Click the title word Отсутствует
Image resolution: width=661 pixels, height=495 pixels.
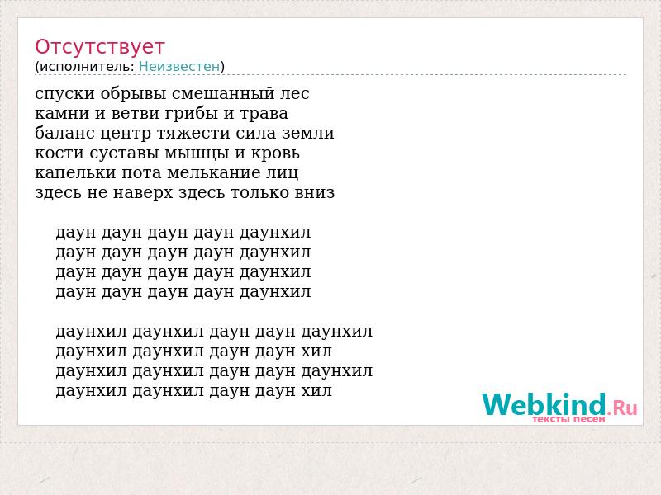tap(99, 46)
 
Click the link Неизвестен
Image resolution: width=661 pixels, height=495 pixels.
tap(179, 66)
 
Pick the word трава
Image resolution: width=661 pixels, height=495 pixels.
tap(264, 114)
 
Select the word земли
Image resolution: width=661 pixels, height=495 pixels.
tap(308, 134)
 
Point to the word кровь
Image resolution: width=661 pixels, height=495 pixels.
tap(275, 153)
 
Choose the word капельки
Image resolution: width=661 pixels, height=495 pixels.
tap(75, 173)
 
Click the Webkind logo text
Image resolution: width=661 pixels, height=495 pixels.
tap(544, 404)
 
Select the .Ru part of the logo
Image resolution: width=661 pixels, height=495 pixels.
tap(622, 407)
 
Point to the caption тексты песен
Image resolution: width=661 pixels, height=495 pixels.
tap(568, 419)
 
